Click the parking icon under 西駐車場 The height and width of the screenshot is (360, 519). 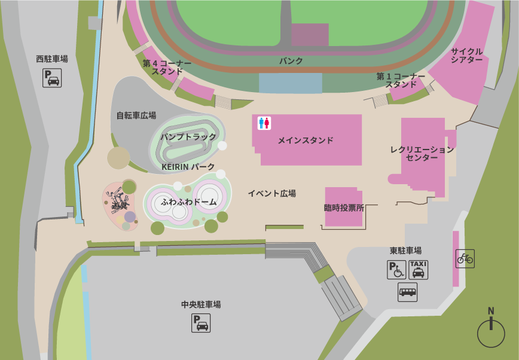[52, 78]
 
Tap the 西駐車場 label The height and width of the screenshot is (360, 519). [52, 59]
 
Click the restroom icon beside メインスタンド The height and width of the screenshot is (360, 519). [264, 123]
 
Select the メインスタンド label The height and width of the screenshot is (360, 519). [306, 141]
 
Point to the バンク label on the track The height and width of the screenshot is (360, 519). [291, 61]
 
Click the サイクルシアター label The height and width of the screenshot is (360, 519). [467, 56]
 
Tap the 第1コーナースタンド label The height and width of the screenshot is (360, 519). [401, 80]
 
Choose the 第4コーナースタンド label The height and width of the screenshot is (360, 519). [167, 67]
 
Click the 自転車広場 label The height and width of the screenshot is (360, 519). [136, 115]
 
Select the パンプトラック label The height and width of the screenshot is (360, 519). [188, 137]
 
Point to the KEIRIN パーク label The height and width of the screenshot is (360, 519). [188, 167]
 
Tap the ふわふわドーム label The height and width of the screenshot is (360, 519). [189, 202]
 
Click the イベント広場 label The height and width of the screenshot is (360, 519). [272, 194]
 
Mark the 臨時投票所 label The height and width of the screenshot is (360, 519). [344, 208]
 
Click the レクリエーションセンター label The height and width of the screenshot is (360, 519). [422, 154]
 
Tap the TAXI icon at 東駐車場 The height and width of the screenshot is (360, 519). [419, 270]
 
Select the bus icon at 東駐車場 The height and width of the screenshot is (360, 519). [408, 292]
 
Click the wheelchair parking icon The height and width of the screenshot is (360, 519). [396, 270]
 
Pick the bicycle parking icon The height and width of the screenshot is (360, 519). [465, 258]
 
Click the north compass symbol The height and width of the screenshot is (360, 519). [491, 330]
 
